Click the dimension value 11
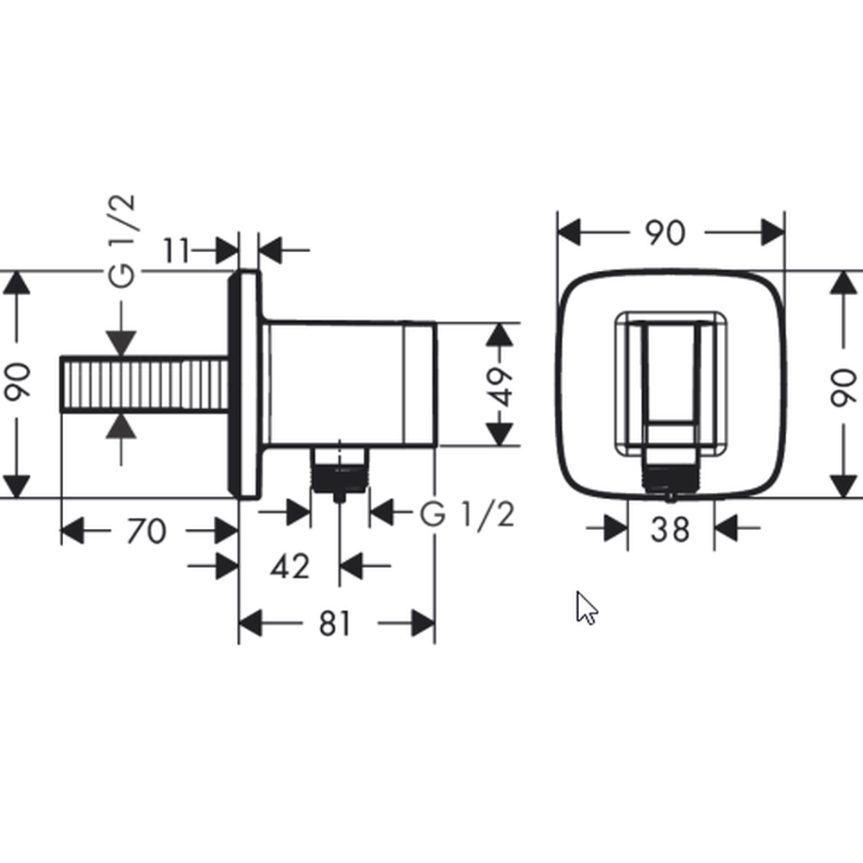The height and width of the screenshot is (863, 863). click(x=176, y=251)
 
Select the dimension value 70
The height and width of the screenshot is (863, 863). click(x=146, y=531)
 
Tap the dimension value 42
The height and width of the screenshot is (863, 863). click(x=290, y=566)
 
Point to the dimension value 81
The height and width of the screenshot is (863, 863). click(x=335, y=624)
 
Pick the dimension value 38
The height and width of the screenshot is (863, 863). click(x=670, y=530)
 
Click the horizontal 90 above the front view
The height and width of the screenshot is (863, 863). click(x=665, y=233)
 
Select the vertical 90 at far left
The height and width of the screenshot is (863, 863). click(x=17, y=381)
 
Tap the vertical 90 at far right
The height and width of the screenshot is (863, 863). click(x=843, y=388)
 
